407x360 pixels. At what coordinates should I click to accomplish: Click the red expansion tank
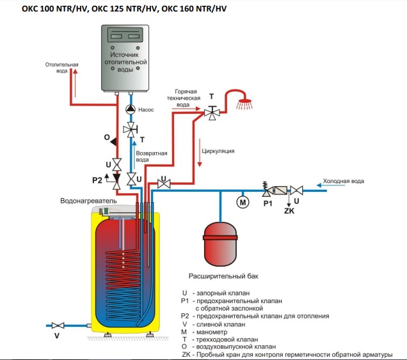221,240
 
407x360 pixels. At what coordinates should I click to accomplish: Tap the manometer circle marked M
243,202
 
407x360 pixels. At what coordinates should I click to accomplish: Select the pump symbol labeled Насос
131,109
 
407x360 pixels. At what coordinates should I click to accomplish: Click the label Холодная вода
343,181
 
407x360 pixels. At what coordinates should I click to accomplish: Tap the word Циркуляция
218,152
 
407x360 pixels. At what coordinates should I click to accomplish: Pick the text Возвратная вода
156,157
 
